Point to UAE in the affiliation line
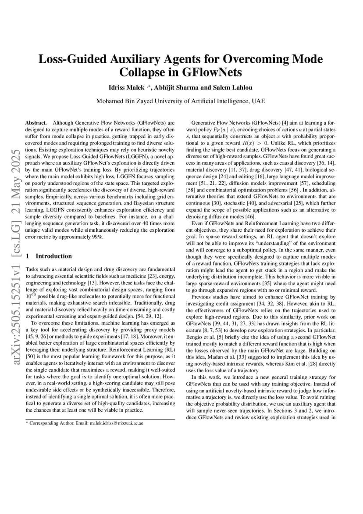click(x=258, y=101)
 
